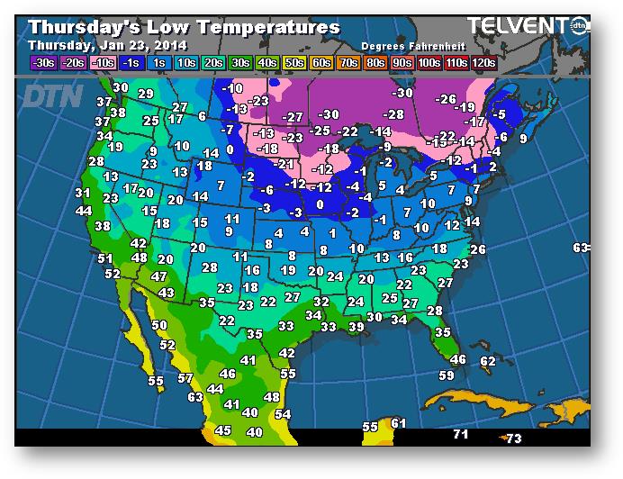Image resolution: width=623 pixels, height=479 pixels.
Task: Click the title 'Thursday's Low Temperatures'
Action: coord(184,27)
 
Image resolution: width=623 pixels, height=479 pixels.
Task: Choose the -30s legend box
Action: coord(43,63)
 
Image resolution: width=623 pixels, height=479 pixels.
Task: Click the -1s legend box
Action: coord(131,63)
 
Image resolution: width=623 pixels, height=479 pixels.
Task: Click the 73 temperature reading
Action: coord(513,438)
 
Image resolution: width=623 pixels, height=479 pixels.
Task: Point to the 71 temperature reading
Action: coord(461,435)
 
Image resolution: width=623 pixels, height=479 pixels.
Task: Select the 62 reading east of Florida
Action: coord(488,361)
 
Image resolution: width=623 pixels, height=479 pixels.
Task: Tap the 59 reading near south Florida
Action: coord(447,375)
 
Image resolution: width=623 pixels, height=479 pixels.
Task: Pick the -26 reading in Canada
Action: coord(446,99)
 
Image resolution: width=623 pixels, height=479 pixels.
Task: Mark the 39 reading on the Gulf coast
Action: coord(357,327)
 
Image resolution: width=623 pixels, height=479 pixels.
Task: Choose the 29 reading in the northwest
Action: coord(145,94)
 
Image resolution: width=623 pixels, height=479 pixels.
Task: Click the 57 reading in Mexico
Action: coord(185,378)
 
